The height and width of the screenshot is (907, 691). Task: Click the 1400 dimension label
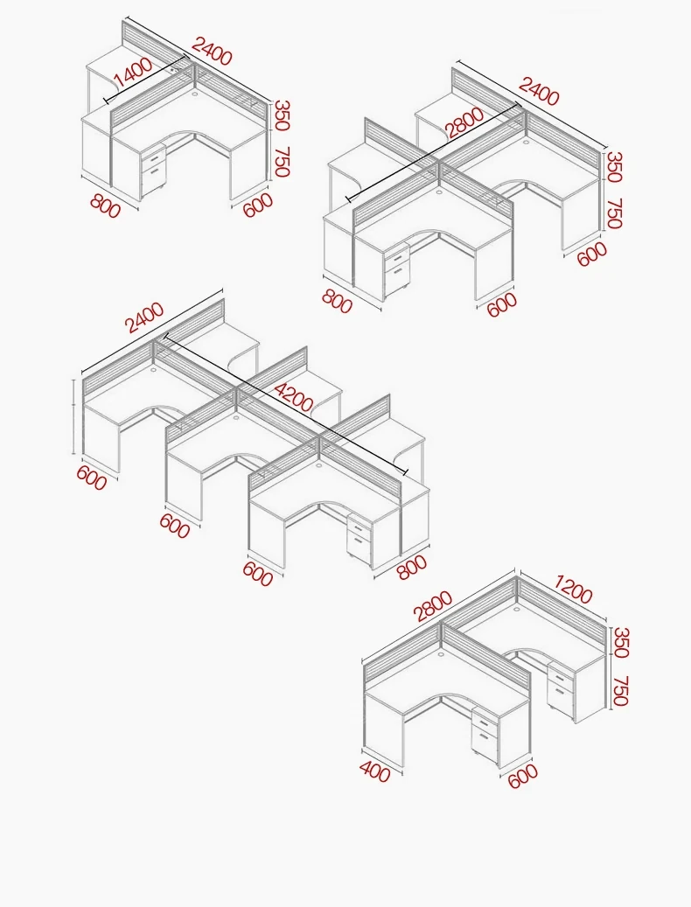pos(132,73)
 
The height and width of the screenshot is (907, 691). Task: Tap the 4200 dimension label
pos(294,396)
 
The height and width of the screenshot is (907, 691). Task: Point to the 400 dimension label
pos(374,771)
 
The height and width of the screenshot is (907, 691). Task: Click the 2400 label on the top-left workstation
pos(212,51)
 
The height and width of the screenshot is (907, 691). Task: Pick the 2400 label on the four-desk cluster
pos(538,91)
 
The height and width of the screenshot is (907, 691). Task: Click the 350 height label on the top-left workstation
pos(282,115)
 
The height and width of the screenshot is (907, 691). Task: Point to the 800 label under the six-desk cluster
pos(412,566)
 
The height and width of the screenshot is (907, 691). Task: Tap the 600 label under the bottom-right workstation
pos(523,776)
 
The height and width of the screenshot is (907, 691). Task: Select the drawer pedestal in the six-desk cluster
pos(359,539)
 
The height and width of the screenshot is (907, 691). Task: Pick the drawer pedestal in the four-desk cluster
pos(397,266)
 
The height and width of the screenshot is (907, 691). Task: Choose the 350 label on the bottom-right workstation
pos(620,642)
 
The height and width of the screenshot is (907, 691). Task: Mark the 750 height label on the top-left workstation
pos(282,162)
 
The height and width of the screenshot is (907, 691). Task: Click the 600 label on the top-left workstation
pos(257,206)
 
